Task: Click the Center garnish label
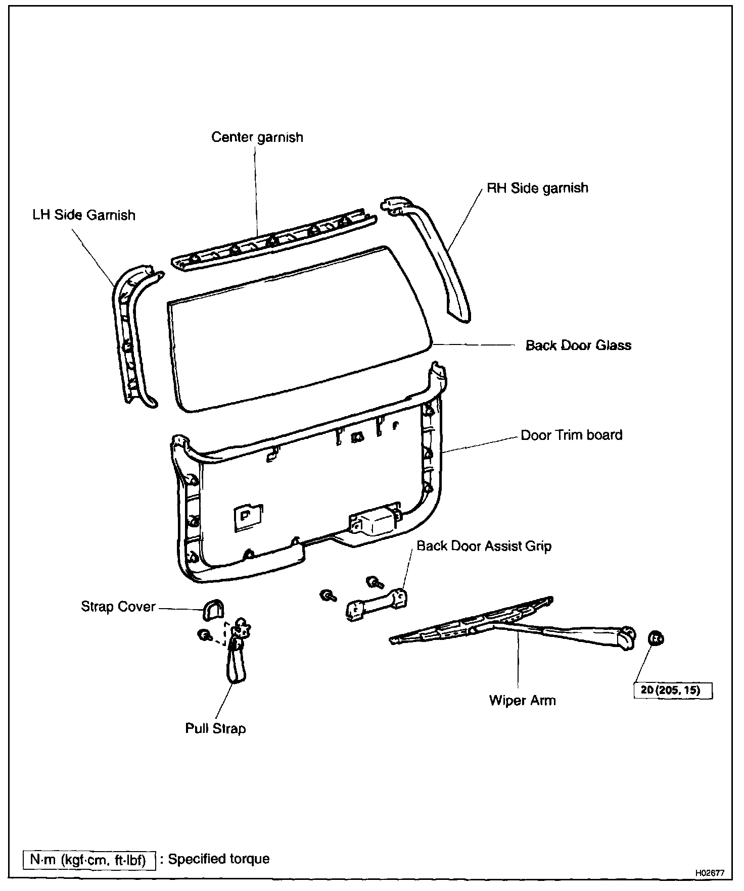click(x=257, y=137)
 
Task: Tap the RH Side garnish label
click(x=537, y=188)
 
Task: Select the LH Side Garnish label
click(x=84, y=215)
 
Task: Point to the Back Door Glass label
click(x=578, y=345)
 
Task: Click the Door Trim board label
click(x=571, y=435)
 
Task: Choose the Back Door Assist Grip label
click(x=484, y=546)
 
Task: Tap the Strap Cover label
click(x=118, y=606)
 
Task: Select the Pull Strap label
click(x=215, y=728)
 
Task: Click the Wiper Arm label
click(x=522, y=701)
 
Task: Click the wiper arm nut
click(x=656, y=638)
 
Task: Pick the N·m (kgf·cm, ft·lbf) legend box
click(x=88, y=859)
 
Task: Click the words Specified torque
click(x=219, y=859)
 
